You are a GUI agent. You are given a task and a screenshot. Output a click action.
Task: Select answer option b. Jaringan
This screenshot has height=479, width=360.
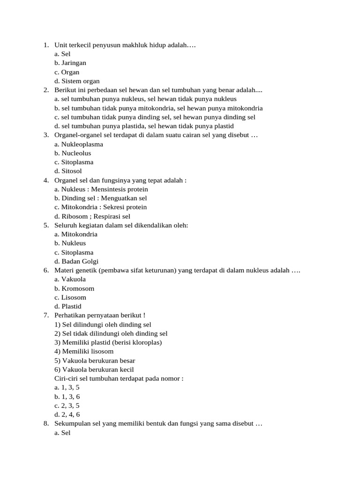pos(70,63)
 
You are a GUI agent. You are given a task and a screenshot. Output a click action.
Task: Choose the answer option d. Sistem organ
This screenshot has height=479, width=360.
pos(77,81)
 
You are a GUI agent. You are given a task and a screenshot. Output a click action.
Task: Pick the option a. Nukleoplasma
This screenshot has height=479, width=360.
pos(79,145)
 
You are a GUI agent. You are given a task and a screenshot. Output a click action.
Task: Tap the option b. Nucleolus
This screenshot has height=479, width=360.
pos(73,153)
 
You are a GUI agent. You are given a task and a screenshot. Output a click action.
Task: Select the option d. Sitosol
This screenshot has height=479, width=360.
pos(68,171)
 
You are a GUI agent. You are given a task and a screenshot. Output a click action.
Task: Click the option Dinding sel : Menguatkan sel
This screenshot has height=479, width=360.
pos(101,198)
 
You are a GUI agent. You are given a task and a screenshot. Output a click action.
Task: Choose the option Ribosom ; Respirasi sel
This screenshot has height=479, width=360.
pos(92,217)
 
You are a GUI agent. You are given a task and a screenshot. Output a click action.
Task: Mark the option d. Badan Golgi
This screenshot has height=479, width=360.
pos(76,261)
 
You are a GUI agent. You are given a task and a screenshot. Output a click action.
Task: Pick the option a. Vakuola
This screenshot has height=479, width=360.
pos(70,280)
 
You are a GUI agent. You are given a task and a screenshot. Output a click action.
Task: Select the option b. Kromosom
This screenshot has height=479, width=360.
pos(74,289)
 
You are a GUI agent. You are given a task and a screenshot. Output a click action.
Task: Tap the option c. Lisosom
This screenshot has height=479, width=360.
pos(70,298)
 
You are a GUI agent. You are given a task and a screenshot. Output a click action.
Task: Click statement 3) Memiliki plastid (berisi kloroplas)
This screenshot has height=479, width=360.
pos(108,343)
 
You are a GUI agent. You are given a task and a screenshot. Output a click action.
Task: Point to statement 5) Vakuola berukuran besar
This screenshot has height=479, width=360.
pos(95,361)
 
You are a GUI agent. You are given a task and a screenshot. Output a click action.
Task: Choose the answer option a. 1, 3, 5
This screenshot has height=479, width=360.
pos(67,388)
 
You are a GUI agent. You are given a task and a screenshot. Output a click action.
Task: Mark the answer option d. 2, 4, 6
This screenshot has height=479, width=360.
pos(67,414)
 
